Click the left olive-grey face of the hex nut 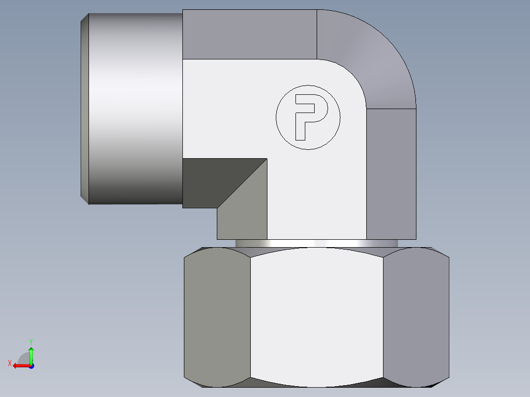(x=217, y=317)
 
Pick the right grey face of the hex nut (x=416, y=317)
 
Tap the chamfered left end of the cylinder (x=85, y=108)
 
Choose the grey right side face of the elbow (x=391, y=172)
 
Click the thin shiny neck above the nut (x=317, y=243)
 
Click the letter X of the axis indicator (x=10, y=364)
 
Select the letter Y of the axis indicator (x=31, y=341)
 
